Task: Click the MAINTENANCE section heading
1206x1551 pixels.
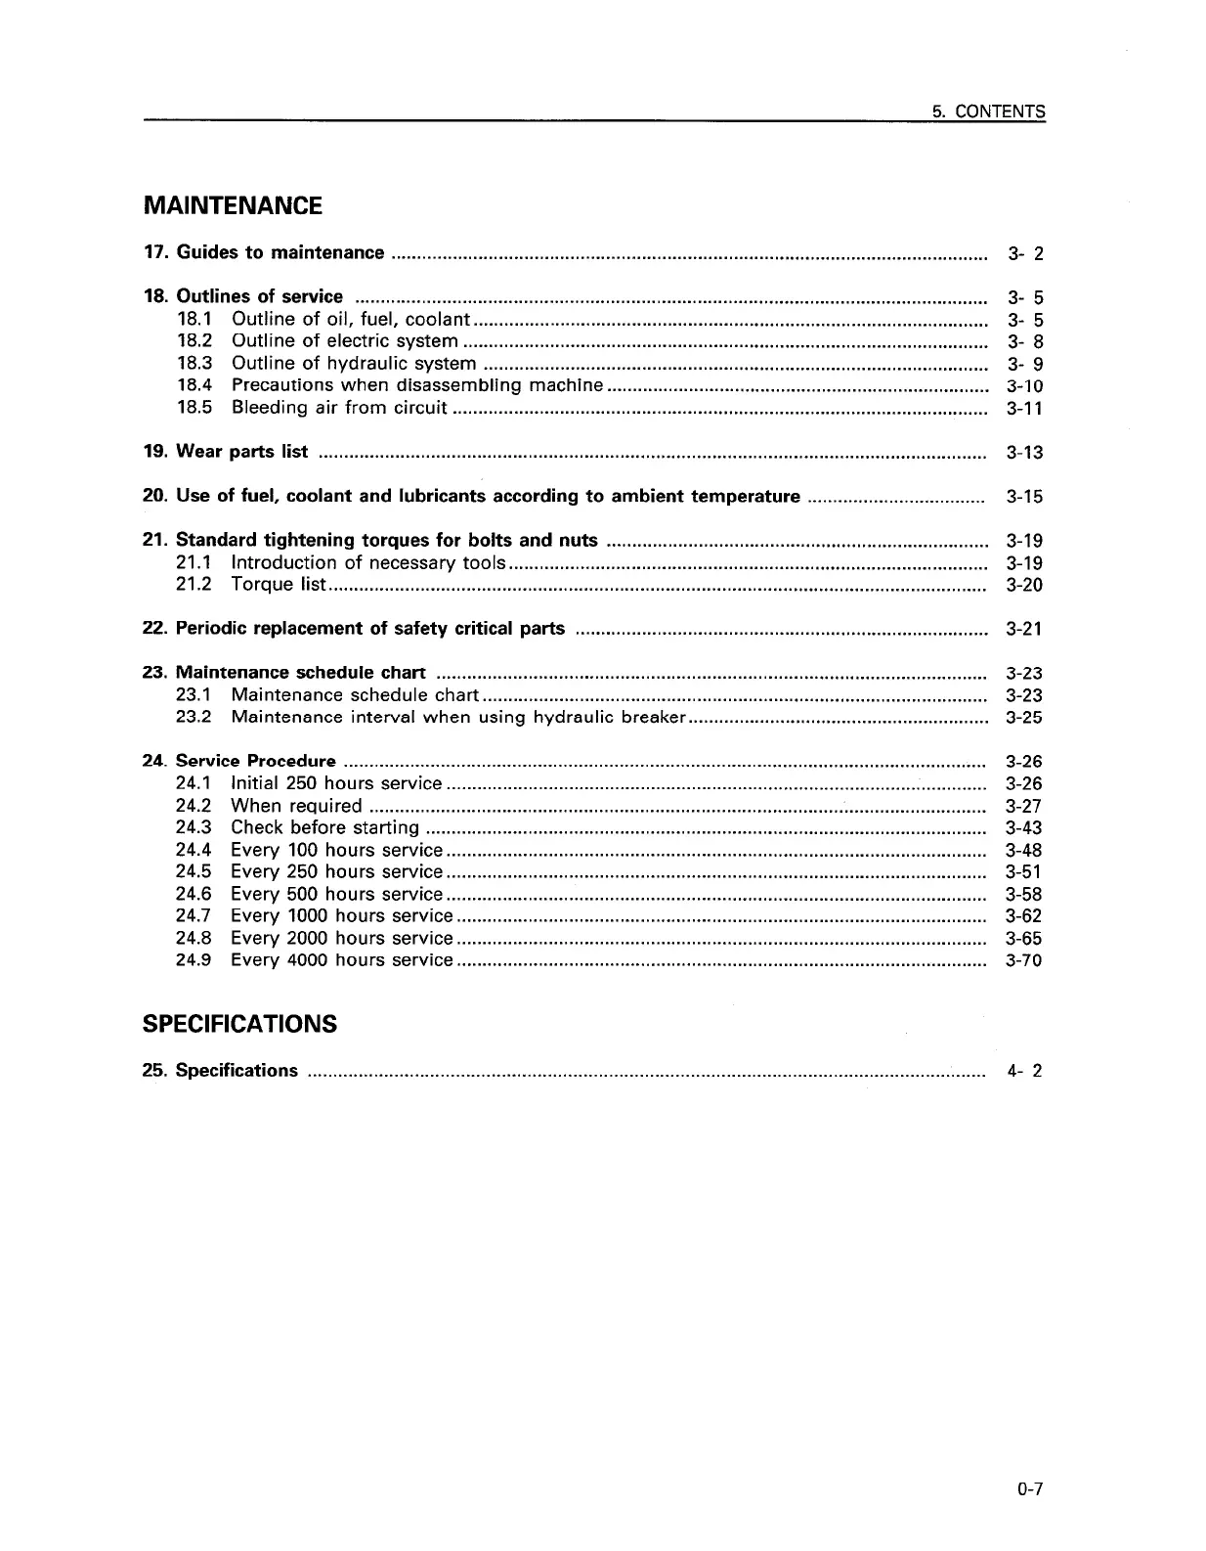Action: (x=232, y=206)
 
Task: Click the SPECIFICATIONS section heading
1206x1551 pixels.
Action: (x=239, y=1024)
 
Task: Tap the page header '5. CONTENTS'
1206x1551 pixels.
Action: (x=988, y=111)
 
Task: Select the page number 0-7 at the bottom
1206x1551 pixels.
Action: (x=1029, y=1490)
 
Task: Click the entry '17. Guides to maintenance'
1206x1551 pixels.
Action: (x=263, y=253)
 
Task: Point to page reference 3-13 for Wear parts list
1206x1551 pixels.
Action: (x=1024, y=453)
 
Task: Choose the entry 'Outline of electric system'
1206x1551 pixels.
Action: (x=344, y=341)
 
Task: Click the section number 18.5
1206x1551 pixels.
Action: (x=194, y=408)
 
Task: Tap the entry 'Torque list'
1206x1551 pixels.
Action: (x=278, y=585)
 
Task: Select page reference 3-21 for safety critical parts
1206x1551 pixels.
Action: (x=1024, y=629)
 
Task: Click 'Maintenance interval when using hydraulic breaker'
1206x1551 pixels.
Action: (x=455, y=718)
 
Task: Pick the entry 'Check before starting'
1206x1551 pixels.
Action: (x=324, y=828)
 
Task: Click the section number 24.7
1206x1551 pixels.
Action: (x=194, y=916)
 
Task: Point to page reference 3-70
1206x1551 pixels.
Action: (x=1024, y=960)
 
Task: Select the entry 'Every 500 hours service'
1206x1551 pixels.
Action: (x=336, y=894)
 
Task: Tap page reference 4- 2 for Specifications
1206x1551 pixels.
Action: (x=1024, y=1071)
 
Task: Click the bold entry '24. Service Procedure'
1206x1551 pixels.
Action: (x=238, y=761)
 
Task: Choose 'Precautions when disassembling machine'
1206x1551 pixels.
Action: (x=416, y=385)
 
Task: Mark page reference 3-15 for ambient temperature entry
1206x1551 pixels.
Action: (x=1024, y=497)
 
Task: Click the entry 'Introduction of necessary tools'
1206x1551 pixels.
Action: (x=367, y=562)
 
